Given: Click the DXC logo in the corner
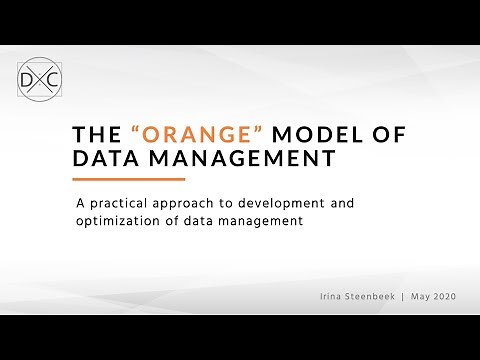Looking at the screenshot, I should click(x=38, y=77).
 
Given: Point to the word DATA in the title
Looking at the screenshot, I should click(x=108, y=158).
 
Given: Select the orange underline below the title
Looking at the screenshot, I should click(x=130, y=180).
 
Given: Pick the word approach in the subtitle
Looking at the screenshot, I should click(x=190, y=202).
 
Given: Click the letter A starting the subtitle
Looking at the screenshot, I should click(x=81, y=202).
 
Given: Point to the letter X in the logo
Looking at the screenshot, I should click(x=39, y=77).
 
